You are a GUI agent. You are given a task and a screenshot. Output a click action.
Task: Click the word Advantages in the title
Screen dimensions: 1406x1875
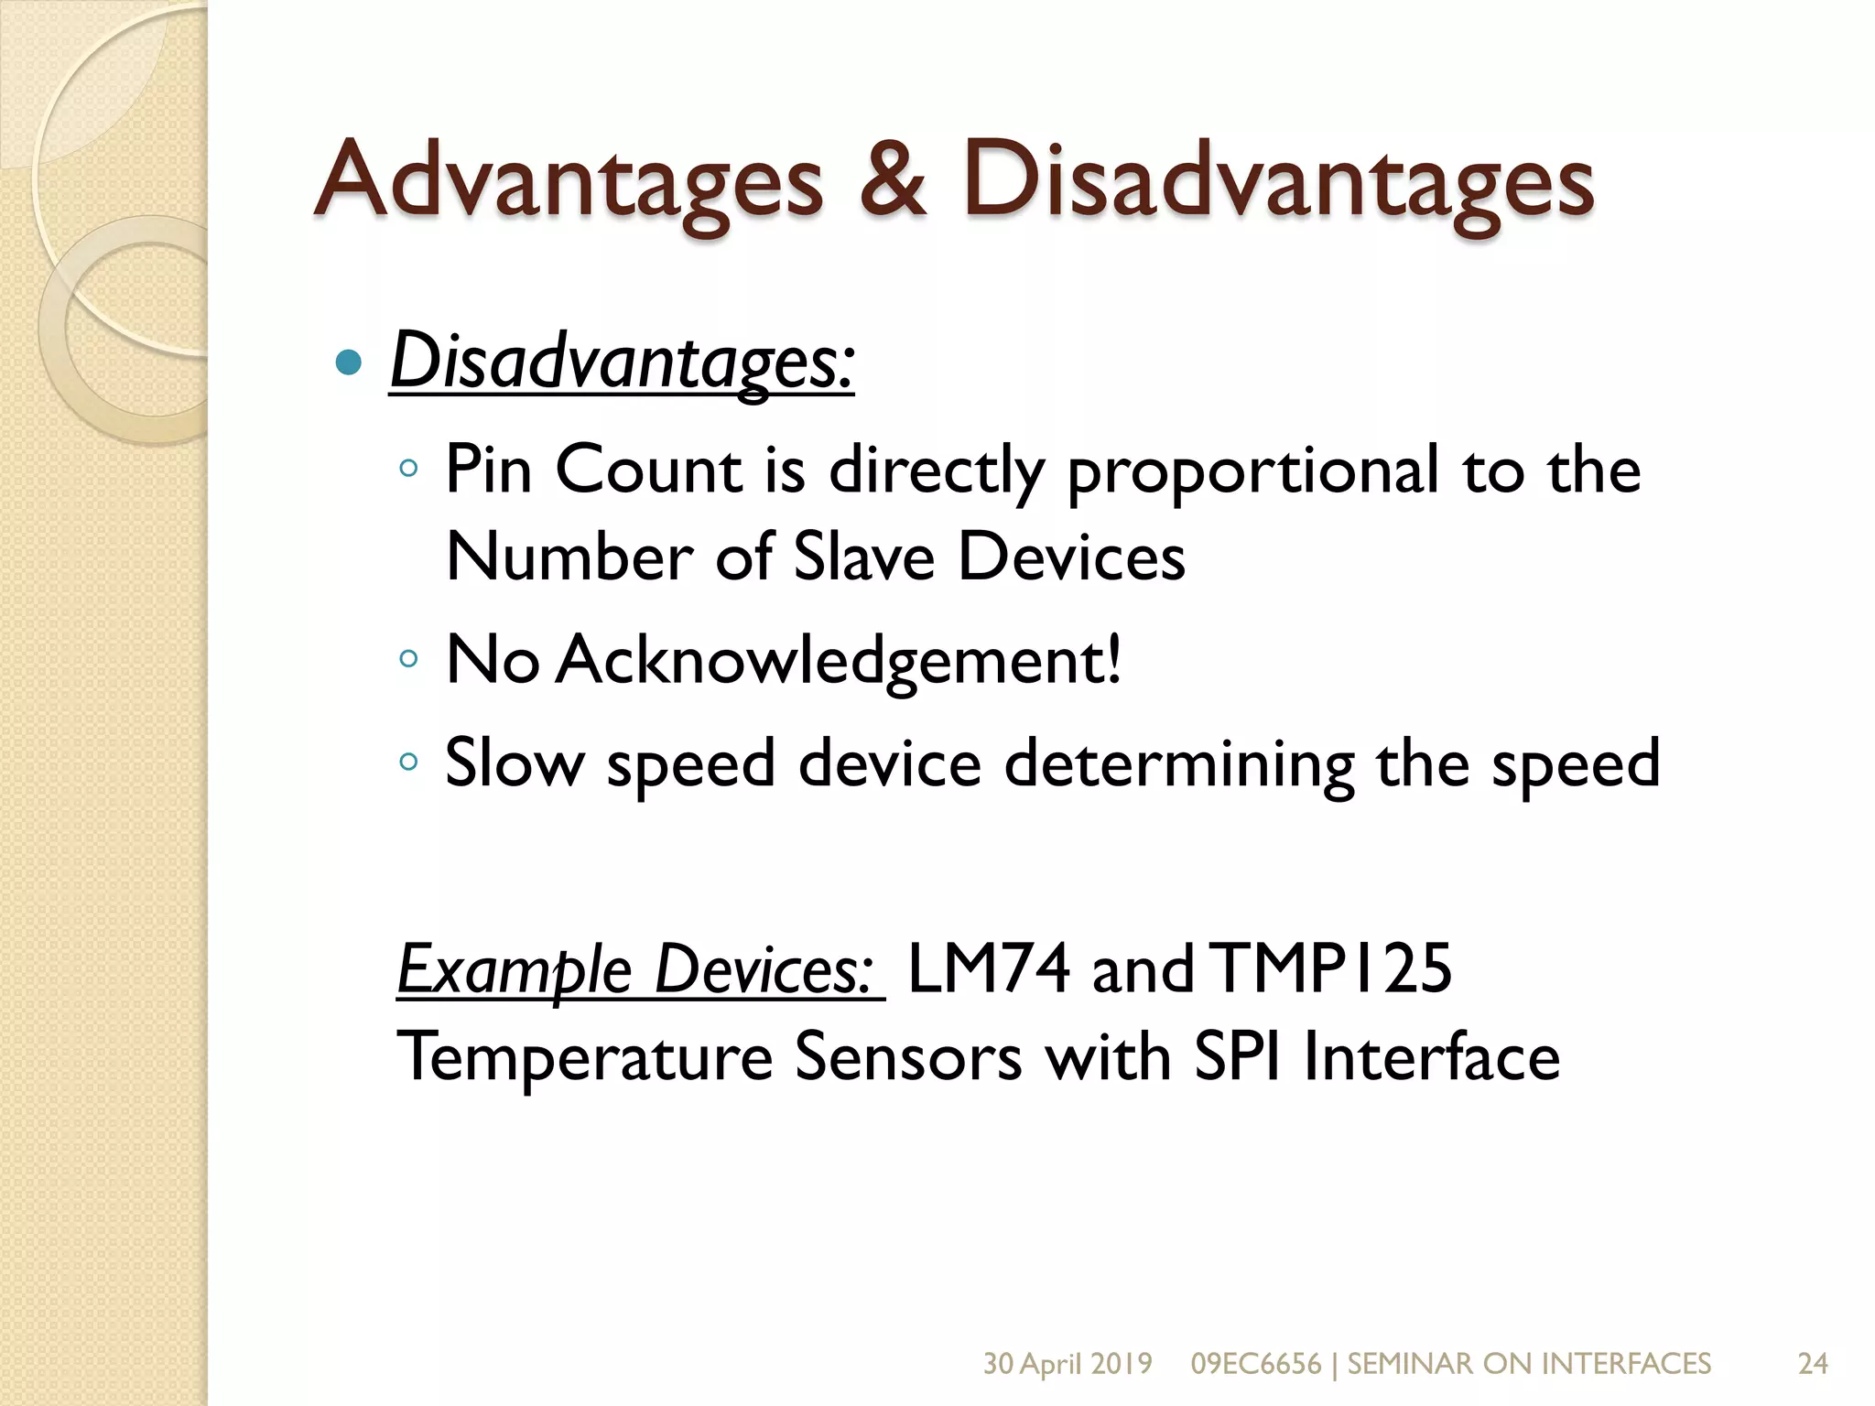569,182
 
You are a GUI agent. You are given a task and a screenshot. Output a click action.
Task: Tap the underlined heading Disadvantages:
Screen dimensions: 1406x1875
622,362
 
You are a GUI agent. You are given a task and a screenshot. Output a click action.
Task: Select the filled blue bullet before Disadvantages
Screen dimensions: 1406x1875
349,363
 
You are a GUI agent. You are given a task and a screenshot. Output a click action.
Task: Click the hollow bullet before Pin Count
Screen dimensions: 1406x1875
408,470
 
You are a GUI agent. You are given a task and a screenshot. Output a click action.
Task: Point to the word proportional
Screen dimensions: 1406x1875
1253,471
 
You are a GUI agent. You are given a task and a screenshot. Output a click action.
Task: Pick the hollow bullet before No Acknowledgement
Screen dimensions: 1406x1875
408,659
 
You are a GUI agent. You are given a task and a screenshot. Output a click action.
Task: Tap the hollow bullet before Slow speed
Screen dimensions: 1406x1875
408,762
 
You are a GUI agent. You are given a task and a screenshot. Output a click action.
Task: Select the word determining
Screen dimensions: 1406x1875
1179,765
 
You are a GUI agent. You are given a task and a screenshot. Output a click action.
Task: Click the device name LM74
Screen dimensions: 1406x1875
988,969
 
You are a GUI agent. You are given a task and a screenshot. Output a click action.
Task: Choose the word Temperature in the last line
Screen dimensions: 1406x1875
585,1058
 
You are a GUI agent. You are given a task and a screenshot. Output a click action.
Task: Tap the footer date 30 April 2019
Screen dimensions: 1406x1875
1068,1364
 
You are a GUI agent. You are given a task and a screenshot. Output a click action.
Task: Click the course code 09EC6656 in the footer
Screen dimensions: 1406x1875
1255,1364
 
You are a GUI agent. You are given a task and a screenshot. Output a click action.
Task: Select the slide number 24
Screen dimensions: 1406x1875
1813,1364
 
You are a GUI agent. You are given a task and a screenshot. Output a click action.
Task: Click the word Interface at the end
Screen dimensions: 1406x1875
1431,1057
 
